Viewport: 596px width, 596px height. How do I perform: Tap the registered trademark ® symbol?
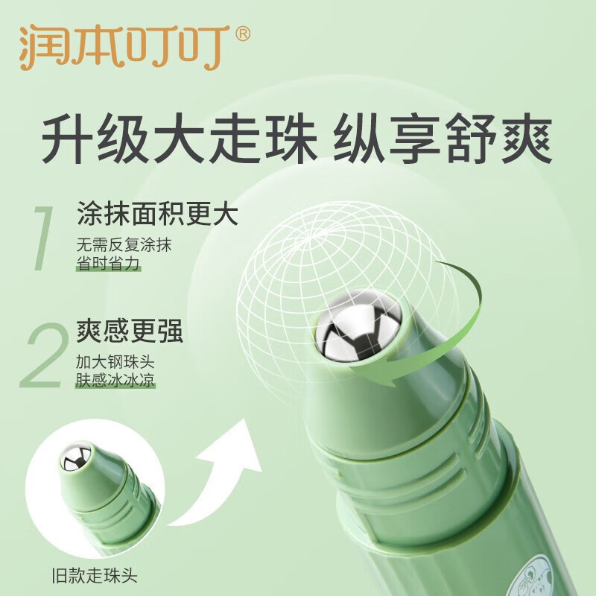point(243,34)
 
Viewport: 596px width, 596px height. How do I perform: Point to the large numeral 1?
point(42,238)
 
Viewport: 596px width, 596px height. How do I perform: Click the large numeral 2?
point(45,355)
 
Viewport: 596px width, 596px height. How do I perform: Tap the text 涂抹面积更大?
point(158,215)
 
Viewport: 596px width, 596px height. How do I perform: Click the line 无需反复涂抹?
point(124,245)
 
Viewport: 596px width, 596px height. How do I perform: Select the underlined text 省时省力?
point(108,263)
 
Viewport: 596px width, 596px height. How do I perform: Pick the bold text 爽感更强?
point(130,332)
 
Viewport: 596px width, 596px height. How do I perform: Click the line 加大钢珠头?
point(115,362)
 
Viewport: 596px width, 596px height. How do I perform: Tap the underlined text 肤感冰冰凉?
point(115,380)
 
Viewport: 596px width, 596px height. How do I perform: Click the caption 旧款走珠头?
point(95,576)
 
